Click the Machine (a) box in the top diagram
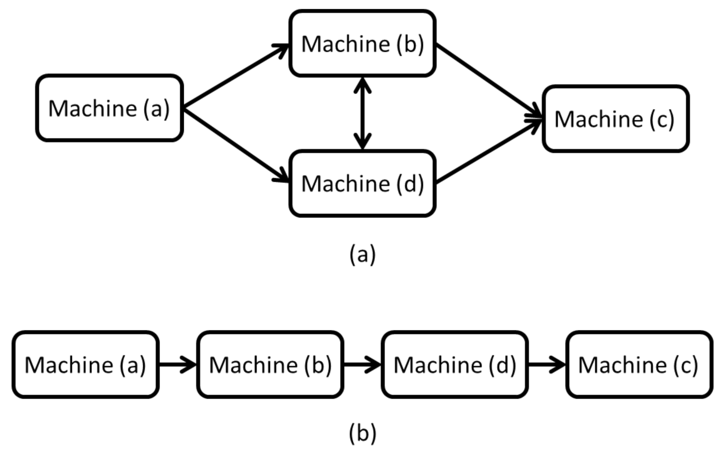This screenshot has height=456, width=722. point(109,108)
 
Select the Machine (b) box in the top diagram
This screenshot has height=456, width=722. point(362,44)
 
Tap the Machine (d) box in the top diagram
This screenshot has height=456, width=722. point(362,183)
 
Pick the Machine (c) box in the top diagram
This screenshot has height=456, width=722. point(615,119)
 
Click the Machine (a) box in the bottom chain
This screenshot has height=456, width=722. point(85,364)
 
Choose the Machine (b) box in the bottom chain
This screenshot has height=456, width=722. point(270,364)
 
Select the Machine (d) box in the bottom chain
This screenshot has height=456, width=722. point(454,364)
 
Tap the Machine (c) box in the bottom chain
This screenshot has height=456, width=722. point(639,364)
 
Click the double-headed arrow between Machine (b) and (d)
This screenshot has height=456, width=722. point(363,113)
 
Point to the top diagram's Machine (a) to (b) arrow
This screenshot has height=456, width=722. point(235,76)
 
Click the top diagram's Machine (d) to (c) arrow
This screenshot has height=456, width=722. point(488,151)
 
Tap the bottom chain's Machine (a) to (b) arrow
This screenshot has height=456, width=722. point(177,364)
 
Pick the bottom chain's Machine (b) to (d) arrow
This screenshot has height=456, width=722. point(362,364)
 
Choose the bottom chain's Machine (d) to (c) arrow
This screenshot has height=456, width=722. point(546,364)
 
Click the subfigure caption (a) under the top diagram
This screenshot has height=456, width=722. point(362,254)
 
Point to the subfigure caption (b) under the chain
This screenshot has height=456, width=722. point(362,433)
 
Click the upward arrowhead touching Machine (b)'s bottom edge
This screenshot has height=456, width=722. point(363,85)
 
